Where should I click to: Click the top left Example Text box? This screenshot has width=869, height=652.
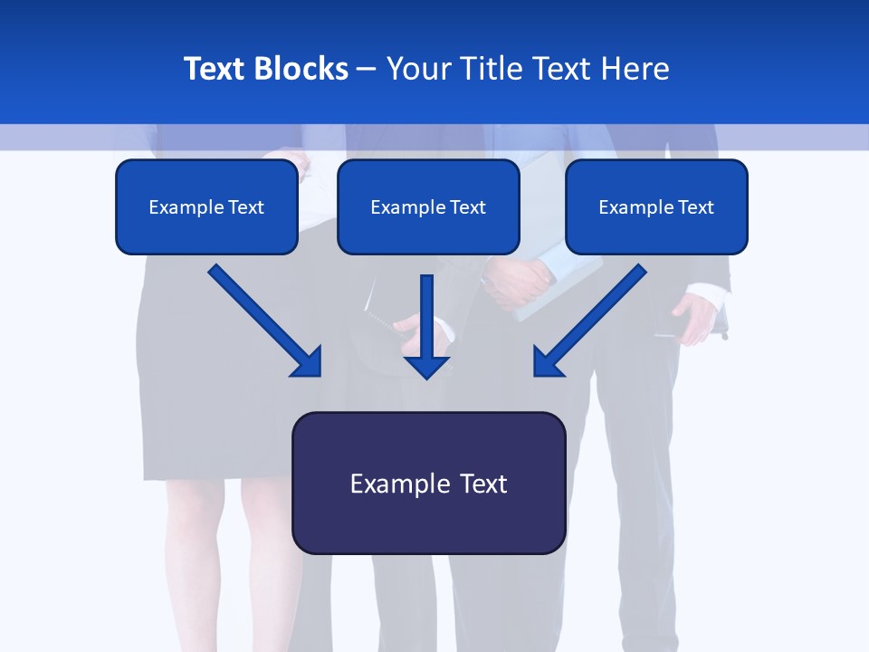point(206,207)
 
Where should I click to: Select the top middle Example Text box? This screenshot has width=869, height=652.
point(428,207)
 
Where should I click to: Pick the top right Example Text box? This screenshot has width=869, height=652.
point(656,207)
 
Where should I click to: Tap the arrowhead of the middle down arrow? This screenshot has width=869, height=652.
point(427,366)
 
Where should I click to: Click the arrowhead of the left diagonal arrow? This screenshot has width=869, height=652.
point(308,363)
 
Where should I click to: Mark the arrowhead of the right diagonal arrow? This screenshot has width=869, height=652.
point(547,363)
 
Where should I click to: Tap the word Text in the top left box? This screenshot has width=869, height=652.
point(246,207)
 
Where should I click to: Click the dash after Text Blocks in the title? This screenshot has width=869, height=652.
point(367,69)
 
